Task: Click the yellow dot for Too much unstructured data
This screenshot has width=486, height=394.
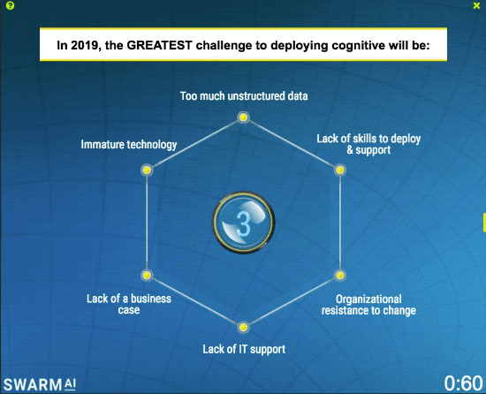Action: [x=244, y=113]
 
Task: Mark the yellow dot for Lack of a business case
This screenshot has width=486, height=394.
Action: [x=147, y=276]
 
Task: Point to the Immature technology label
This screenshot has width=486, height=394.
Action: [x=129, y=144]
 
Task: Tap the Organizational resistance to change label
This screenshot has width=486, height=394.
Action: [x=368, y=305]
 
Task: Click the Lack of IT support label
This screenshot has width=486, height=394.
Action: [x=244, y=349]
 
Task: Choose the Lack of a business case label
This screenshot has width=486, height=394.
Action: [x=129, y=305]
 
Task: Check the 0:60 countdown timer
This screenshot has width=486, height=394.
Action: [x=462, y=383]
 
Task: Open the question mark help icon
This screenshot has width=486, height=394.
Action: [x=10, y=5]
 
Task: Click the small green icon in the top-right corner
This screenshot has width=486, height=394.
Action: [x=477, y=5]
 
